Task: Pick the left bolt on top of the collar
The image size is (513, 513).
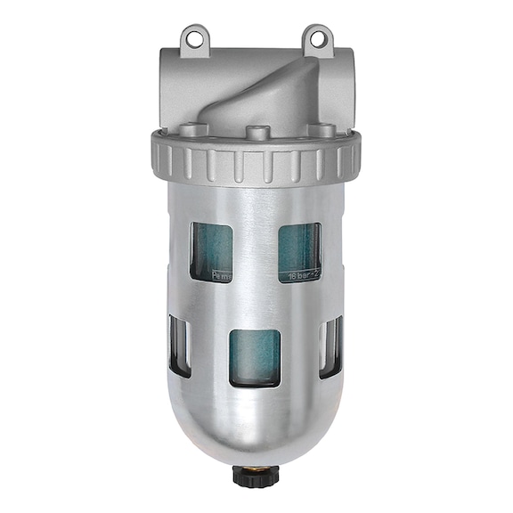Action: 198,130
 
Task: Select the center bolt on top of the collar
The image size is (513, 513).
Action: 257,134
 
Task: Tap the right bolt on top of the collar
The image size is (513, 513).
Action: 317,130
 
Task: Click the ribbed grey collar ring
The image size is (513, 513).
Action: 256,160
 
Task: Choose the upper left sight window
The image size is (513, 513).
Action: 212,252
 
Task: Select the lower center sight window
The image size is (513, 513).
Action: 255,357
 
